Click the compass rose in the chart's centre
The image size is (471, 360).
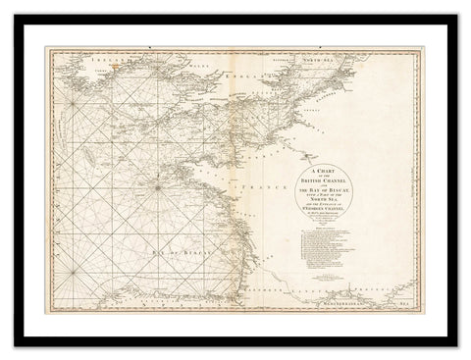(156, 180)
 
